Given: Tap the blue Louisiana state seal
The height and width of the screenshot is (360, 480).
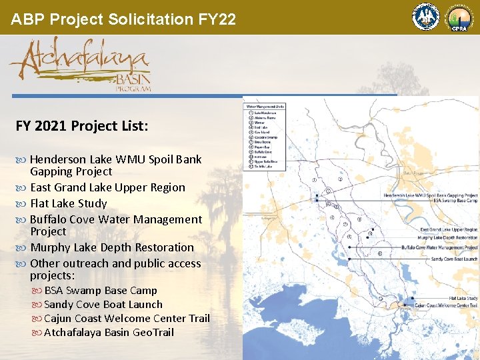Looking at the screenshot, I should pyautogui.click(x=425, y=17).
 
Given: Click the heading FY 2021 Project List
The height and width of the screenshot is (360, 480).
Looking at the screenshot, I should pyautogui.click(x=82, y=125).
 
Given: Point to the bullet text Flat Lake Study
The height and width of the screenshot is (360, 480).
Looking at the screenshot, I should pyautogui.click(x=68, y=203).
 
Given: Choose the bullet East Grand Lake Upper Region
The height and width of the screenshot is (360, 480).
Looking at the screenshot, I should pyautogui.click(x=107, y=187).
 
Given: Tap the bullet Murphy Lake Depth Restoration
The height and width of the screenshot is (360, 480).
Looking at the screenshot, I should pyautogui.click(x=112, y=247).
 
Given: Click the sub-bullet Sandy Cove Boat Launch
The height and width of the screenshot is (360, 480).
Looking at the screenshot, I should pyautogui.click(x=103, y=305).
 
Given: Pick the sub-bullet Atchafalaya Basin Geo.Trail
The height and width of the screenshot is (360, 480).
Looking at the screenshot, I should pyautogui.click(x=108, y=332).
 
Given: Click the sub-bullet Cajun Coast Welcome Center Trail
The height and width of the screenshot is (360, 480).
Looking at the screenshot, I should pyautogui.click(x=126, y=319).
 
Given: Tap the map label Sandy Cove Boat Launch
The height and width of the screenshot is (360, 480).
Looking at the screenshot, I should pyautogui.click(x=454, y=259).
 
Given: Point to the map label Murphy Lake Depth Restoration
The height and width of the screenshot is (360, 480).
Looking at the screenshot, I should pyautogui.click(x=447, y=237).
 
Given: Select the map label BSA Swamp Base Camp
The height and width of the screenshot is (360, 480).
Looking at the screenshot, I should pyautogui.click(x=455, y=200).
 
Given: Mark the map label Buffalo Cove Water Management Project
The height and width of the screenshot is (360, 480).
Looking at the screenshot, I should pyautogui.click(x=439, y=247).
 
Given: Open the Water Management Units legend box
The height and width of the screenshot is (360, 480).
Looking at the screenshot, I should pyautogui.click(x=265, y=136).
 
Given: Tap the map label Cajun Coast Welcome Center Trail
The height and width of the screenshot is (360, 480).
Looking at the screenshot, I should pyautogui.click(x=446, y=305).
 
